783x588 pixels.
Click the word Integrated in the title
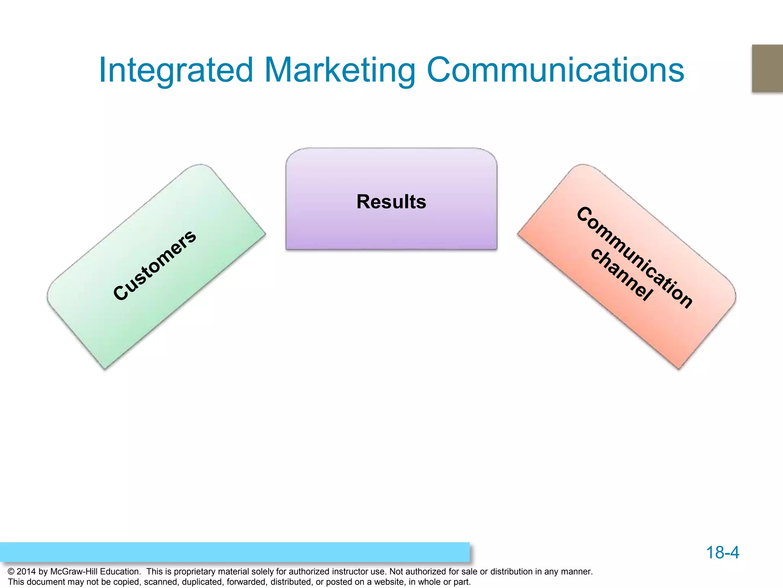coord(176,70)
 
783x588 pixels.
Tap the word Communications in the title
coord(555,70)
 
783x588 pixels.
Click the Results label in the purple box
coord(391,202)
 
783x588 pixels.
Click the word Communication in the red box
coord(635,257)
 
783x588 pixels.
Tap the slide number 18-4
coord(722,552)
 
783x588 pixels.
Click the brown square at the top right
coord(767,68)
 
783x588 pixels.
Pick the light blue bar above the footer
coord(235,552)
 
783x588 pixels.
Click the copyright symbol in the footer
coord(11,572)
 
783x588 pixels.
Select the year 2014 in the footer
coord(26,572)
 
